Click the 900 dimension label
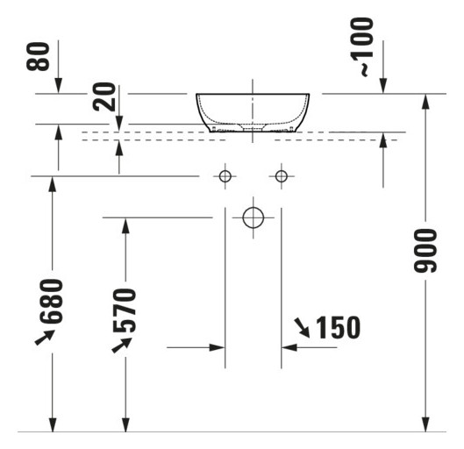pos(425,250)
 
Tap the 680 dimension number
pos(52,301)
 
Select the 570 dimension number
pos(125,310)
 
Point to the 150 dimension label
pos(339,327)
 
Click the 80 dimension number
pos(38,56)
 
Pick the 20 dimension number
pos(104,96)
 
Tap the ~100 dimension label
pos(361,46)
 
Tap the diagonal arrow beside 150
pos(302,328)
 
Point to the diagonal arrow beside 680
pos(45,338)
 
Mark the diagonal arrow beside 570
pos(122,345)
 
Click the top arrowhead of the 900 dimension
pos(425,102)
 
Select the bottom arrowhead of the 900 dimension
pos(425,424)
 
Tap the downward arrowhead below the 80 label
pos(58,86)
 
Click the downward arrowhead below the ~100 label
pos(383,86)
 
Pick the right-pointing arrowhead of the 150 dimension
pos(218,347)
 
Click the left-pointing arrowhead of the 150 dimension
pos(289,347)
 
